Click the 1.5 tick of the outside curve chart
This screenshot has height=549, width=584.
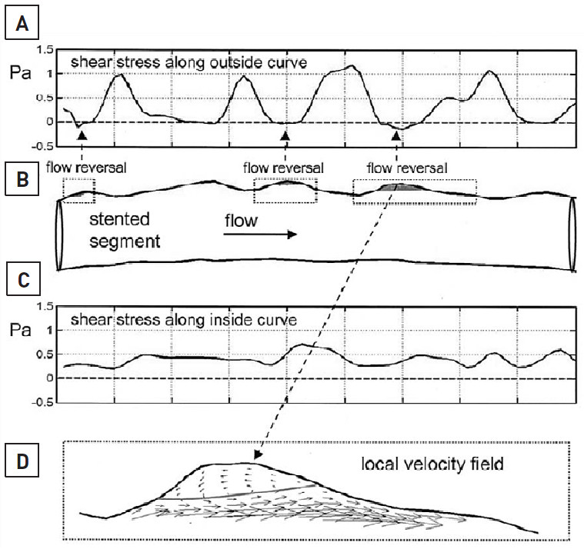point(45,50)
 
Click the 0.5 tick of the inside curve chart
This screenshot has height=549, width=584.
point(45,354)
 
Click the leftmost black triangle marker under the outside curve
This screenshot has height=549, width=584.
point(83,135)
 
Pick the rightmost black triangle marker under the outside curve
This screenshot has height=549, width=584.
point(396,135)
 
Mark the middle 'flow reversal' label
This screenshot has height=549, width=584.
point(283,166)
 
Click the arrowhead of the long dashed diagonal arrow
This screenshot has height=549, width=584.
point(260,458)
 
